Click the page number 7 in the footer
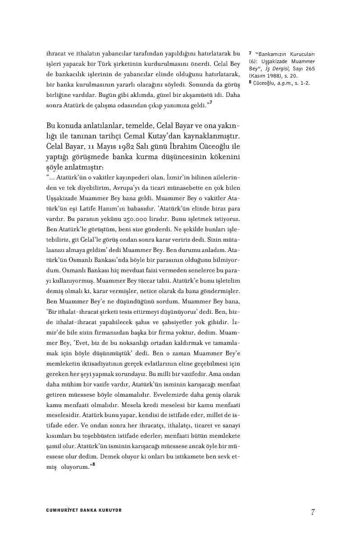[x=312, y=512]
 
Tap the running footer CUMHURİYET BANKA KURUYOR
[x=84, y=510]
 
